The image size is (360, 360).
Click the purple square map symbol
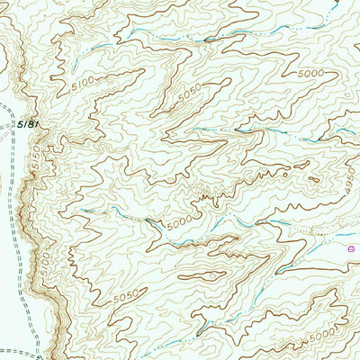click(350, 245)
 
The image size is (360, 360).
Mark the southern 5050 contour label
click(129, 293)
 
